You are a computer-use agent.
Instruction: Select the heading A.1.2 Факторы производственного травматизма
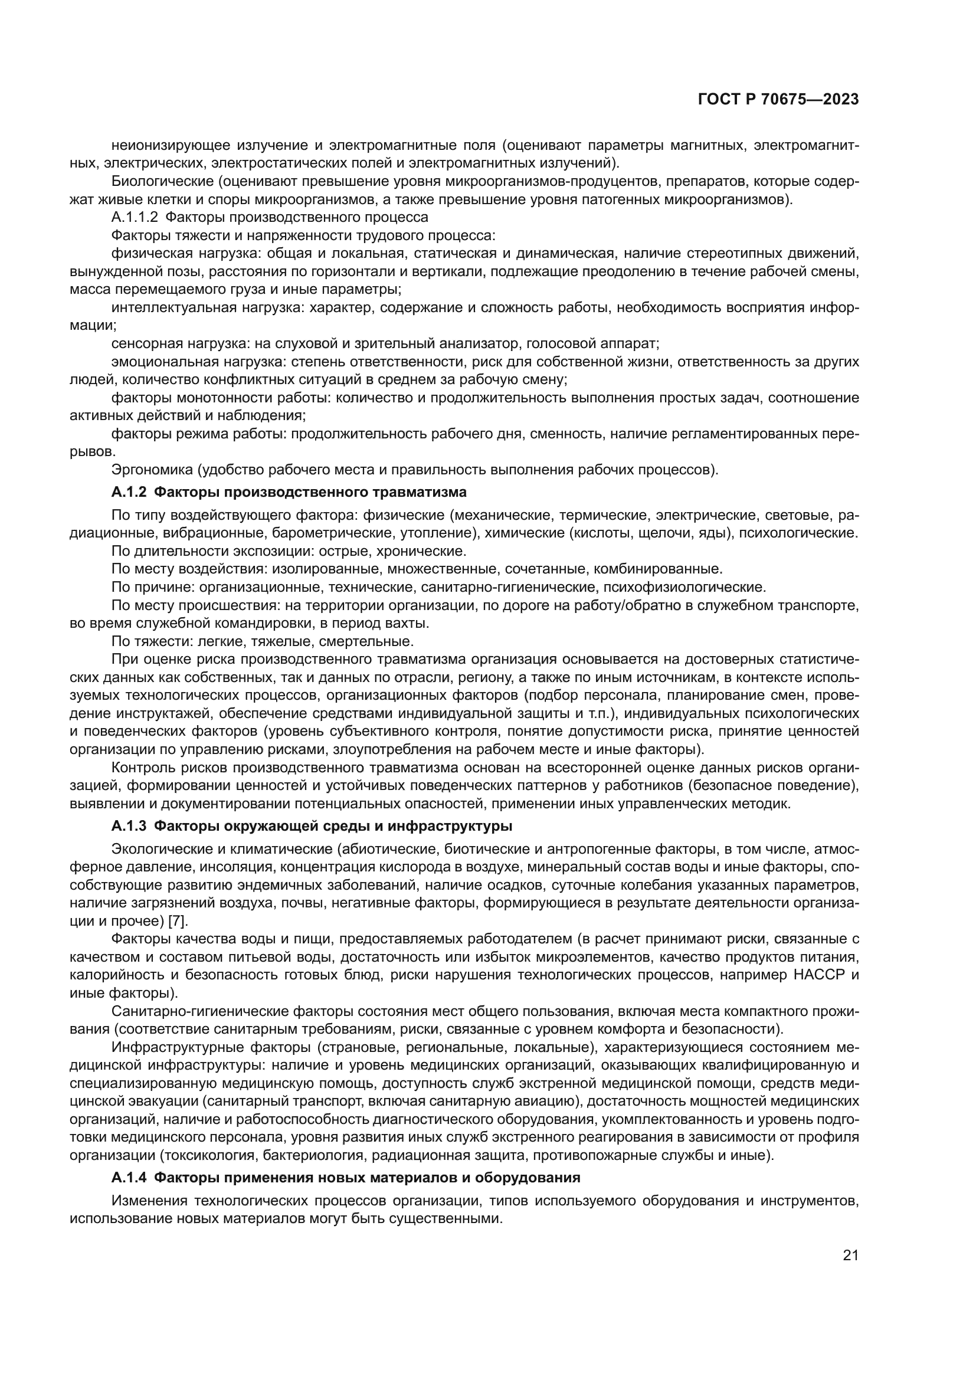click(x=289, y=492)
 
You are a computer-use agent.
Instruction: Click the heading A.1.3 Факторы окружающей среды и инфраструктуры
click(x=312, y=826)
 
